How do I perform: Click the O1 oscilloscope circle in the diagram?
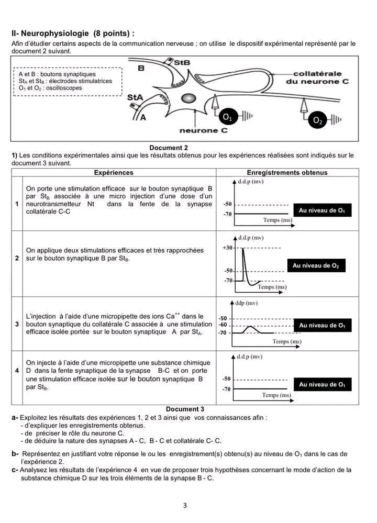pos(227,117)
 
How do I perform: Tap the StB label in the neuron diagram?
pos(181,62)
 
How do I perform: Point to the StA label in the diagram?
pos(135,97)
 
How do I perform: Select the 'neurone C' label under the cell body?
pos(203,130)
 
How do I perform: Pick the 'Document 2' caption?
pos(169,148)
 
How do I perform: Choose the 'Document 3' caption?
pos(185,409)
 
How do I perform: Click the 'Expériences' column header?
pos(114,172)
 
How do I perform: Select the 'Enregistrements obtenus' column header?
pos(287,172)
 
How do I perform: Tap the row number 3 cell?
pos(17,325)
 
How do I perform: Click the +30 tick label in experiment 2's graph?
pos(227,248)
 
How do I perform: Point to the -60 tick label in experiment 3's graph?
pos(223,325)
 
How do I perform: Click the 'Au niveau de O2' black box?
pos(316,266)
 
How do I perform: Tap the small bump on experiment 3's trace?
pos(251,327)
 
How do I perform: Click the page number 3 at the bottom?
pos(185,505)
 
